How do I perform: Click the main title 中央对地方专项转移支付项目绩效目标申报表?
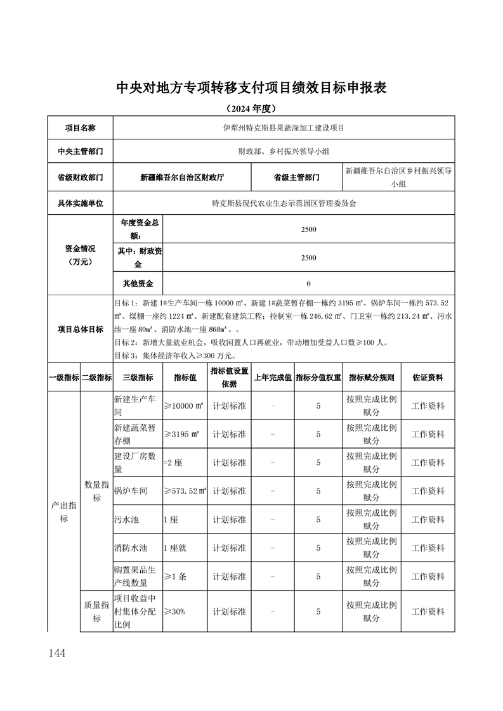(251, 87)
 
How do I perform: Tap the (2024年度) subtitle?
(251, 108)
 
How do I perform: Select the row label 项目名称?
(80, 127)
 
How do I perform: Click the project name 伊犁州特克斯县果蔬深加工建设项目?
(284, 127)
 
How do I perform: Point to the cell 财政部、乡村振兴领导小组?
(284, 151)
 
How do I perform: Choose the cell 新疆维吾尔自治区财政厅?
(182, 177)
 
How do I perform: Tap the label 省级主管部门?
(296, 177)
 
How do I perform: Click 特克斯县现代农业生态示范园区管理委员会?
(284, 204)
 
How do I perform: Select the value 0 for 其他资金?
(308, 283)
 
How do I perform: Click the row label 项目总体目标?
(80, 329)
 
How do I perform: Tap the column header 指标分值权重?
(318, 377)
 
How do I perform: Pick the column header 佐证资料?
(428, 377)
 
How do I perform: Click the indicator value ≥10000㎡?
(184, 406)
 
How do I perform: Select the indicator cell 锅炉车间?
(130, 491)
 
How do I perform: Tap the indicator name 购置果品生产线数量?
(130, 577)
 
